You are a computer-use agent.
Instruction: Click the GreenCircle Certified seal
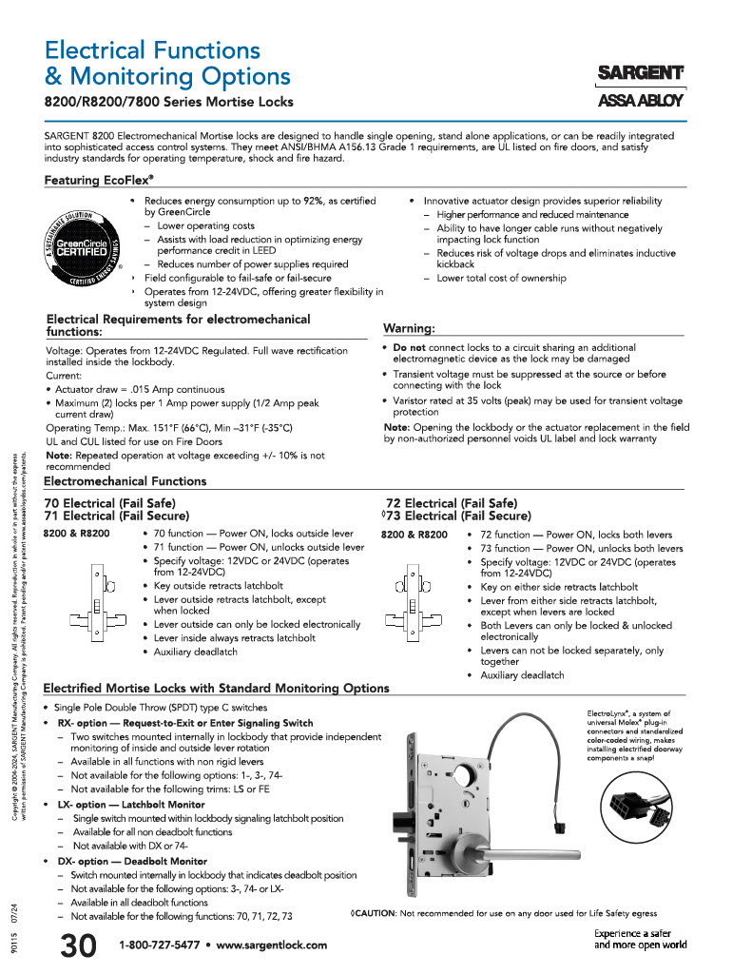(x=83, y=245)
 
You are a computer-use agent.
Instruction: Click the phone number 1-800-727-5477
(x=159, y=945)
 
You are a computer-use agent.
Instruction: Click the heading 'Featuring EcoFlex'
(x=99, y=180)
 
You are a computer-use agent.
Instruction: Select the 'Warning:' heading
(x=409, y=328)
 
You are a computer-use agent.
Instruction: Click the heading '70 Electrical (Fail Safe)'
(x=110, y=503)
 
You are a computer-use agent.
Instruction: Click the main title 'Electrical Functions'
(x=152, y=49)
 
